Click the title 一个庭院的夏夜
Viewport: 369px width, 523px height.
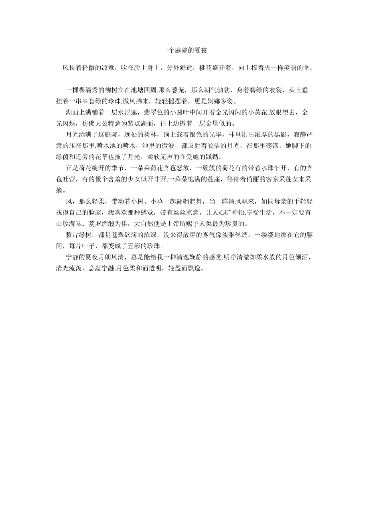tap(184, 51)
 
